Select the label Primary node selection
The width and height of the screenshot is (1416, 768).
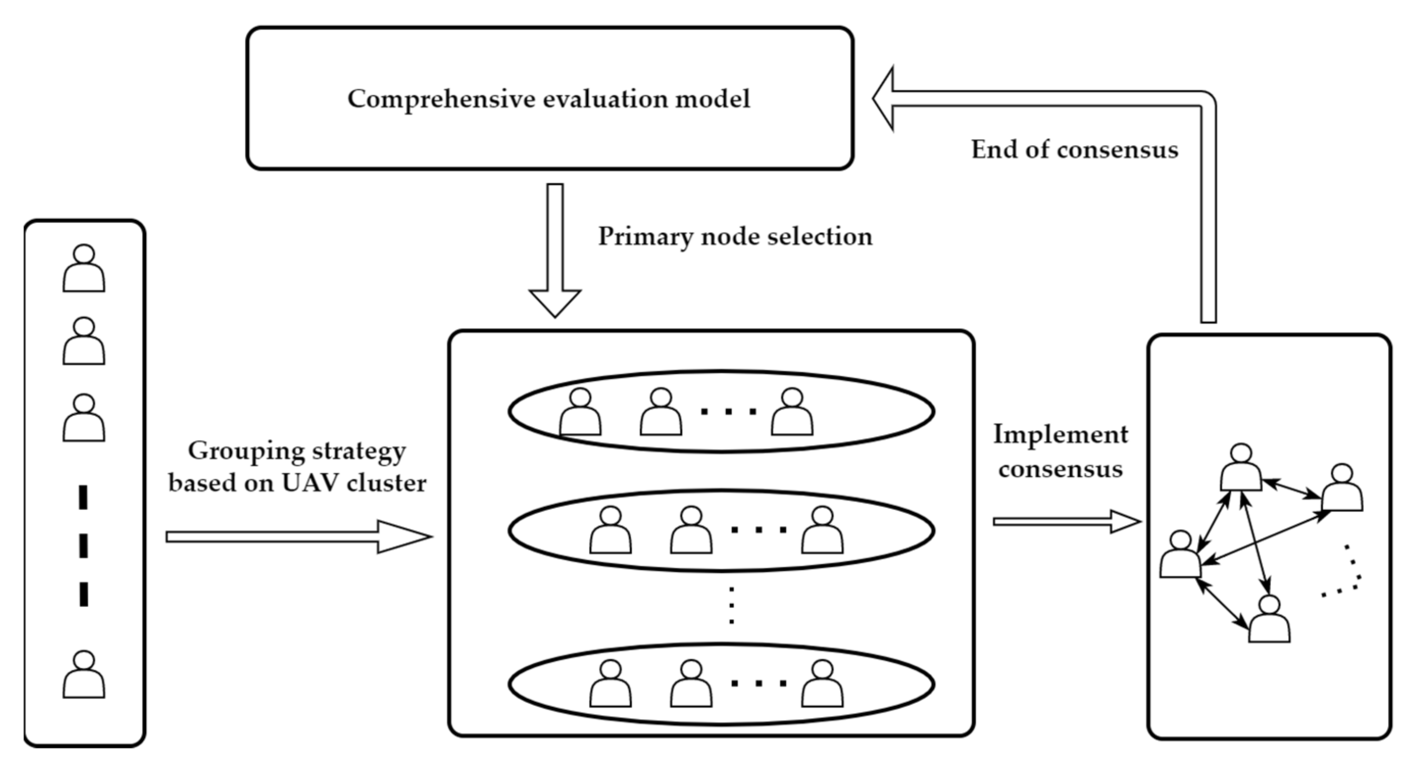point(735,237)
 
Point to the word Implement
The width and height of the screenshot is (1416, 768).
point(1061,434)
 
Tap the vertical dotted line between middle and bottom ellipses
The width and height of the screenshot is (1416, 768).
point(731,605)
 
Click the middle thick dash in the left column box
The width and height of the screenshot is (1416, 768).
point(84,546)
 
